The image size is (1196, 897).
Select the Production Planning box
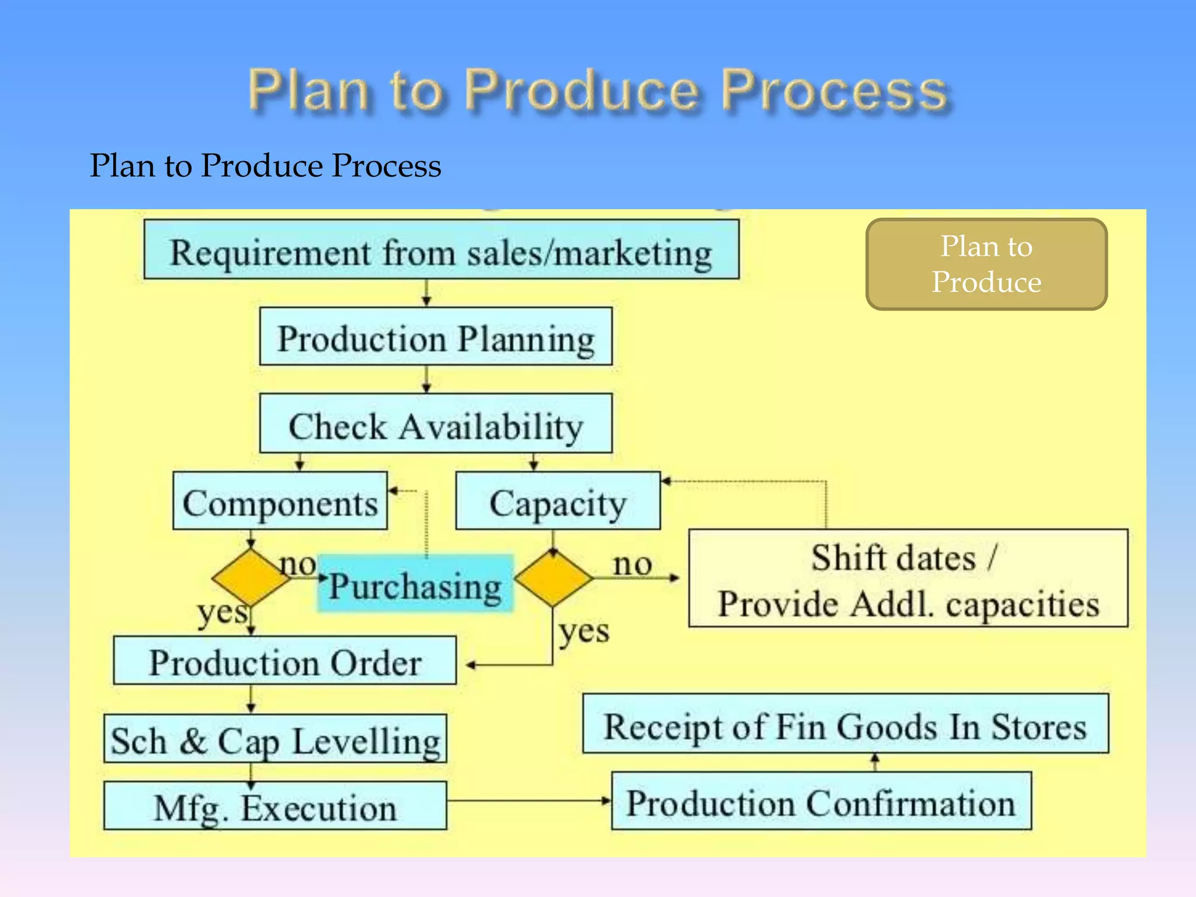pos(436,337)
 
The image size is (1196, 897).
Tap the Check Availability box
pos(436,423)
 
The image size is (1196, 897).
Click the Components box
pos(280,501)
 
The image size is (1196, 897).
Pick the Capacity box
pos(558,501)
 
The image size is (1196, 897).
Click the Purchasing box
pos(415,584)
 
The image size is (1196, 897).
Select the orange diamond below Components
pos(251,578)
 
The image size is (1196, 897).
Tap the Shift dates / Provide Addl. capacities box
pos(908,578)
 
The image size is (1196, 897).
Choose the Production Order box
pos(284,660)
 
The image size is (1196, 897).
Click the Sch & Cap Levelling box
pos(275,739)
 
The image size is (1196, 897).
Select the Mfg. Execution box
pos(275,806)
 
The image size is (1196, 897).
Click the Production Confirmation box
pos(821,801)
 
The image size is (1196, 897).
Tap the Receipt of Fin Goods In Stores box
pos(845,724)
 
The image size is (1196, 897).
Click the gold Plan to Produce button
pos(986,264)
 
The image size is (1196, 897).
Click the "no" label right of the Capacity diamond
pos(632,564)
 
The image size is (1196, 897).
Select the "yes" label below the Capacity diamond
pos(584,631)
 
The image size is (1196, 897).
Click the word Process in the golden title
pos(834,91)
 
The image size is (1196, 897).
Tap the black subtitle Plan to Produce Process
pos(266,165)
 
